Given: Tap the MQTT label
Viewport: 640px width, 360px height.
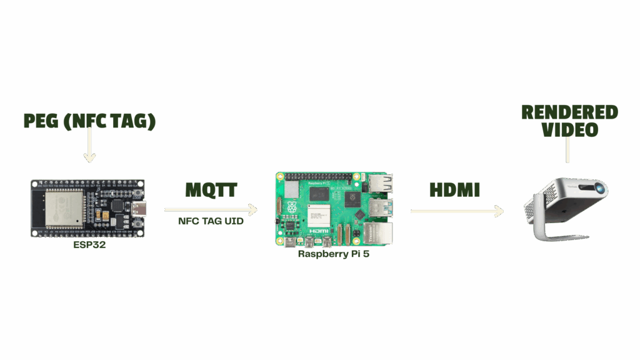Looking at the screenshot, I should [211, 190].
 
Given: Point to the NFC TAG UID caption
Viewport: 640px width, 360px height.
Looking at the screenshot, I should [211, 221].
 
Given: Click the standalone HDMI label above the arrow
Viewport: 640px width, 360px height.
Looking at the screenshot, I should [454, 190].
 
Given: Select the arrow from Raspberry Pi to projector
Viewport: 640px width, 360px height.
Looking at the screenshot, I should [457, 211].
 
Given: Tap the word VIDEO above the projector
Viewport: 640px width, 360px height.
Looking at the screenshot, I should [569, 130].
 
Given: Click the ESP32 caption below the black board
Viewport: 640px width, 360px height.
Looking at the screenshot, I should [89, 245].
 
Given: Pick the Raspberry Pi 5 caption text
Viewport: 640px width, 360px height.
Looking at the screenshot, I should [334, 254].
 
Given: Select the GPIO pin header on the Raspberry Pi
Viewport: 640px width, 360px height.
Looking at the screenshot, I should [319, 176].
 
